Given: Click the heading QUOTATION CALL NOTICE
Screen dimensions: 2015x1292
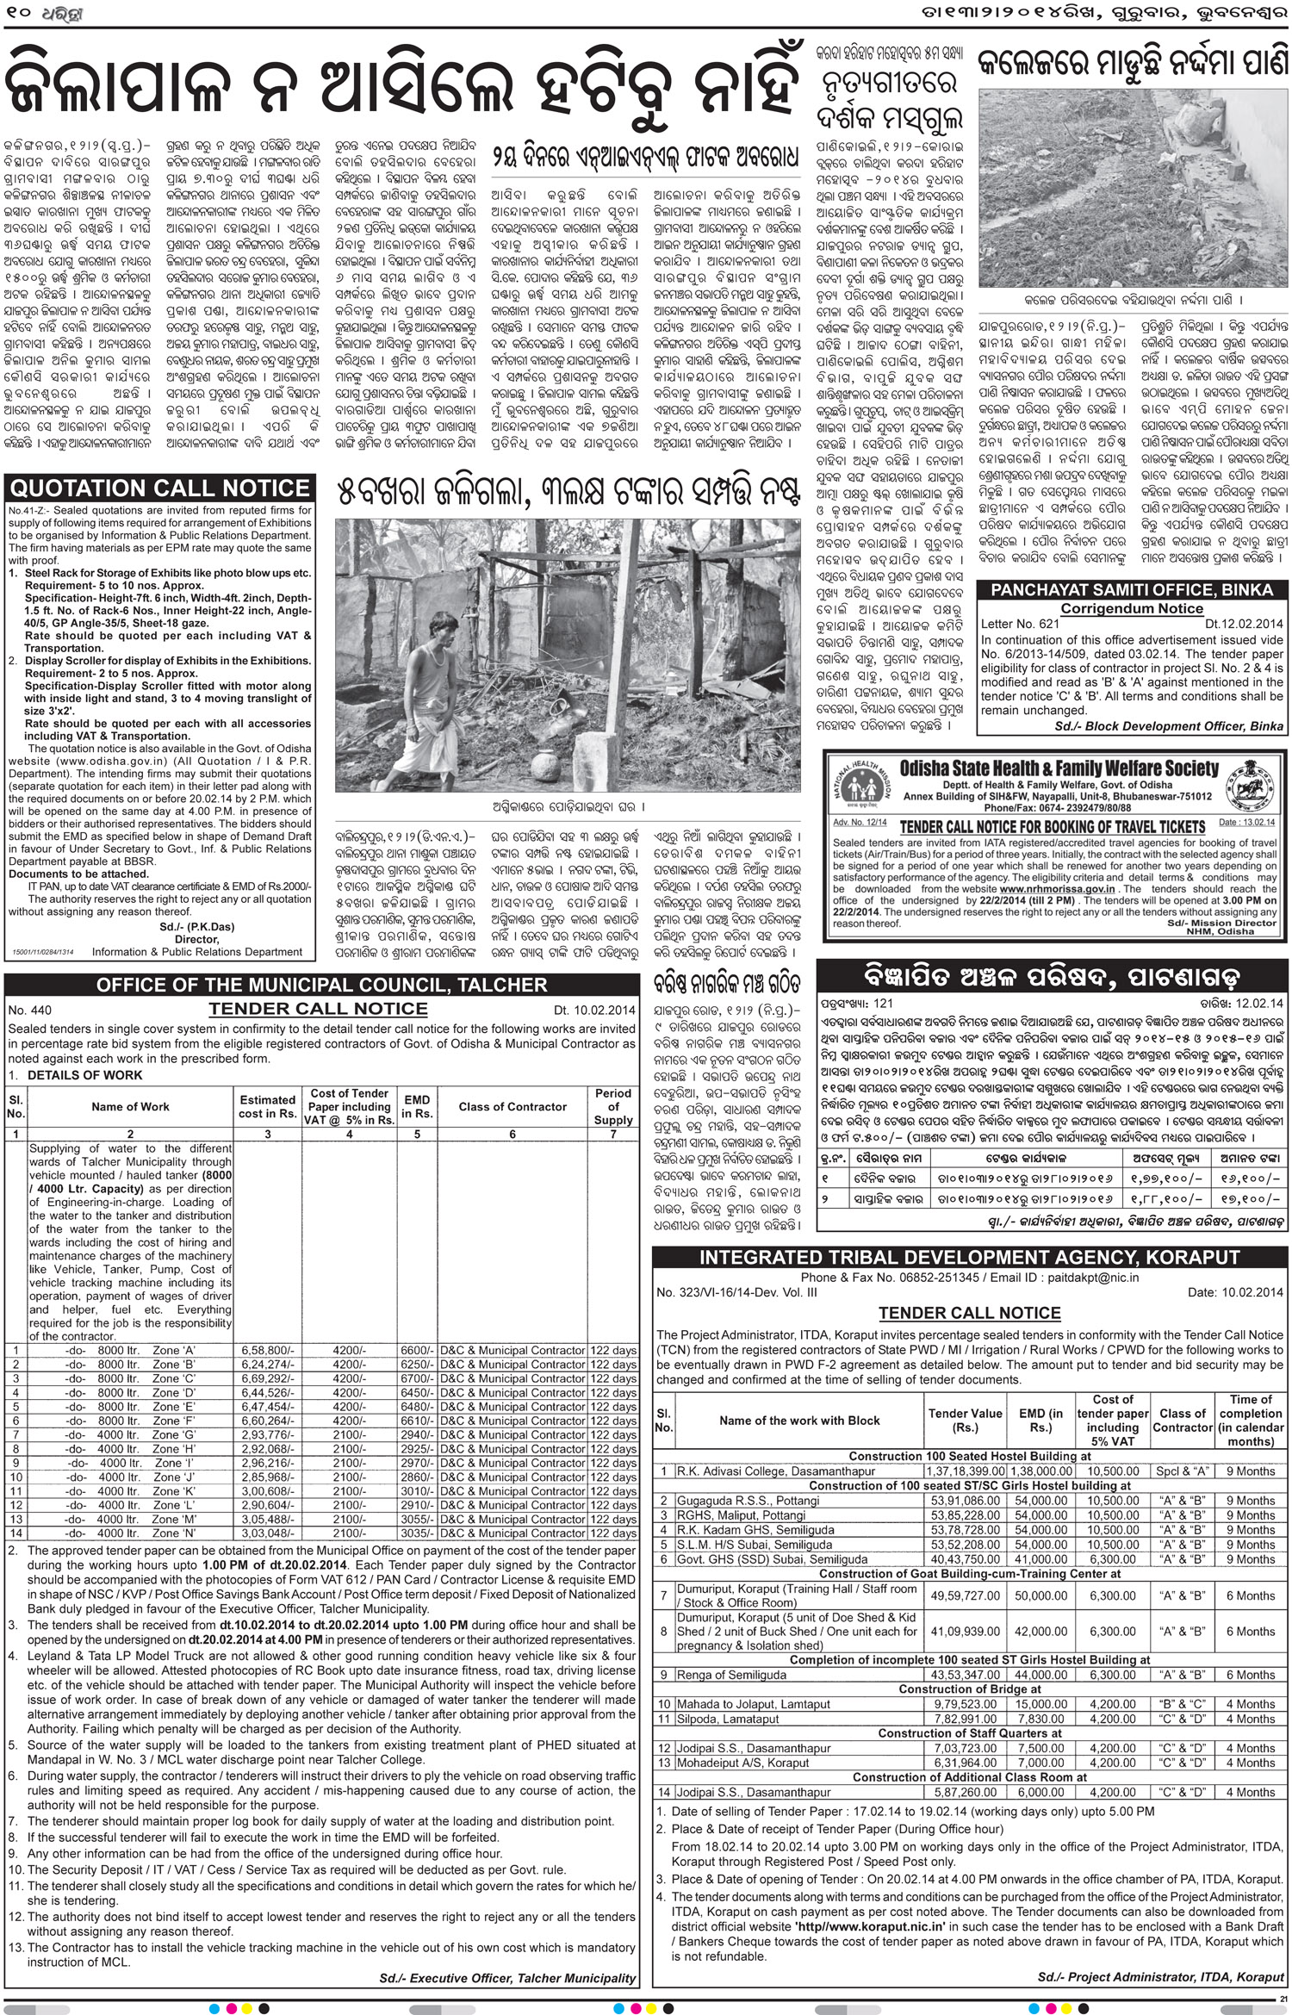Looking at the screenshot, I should pos(158,488).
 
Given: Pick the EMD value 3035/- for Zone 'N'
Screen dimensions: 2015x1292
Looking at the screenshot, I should pos(418,1533).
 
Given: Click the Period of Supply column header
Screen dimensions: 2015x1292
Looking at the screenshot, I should pos(612,1106).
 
